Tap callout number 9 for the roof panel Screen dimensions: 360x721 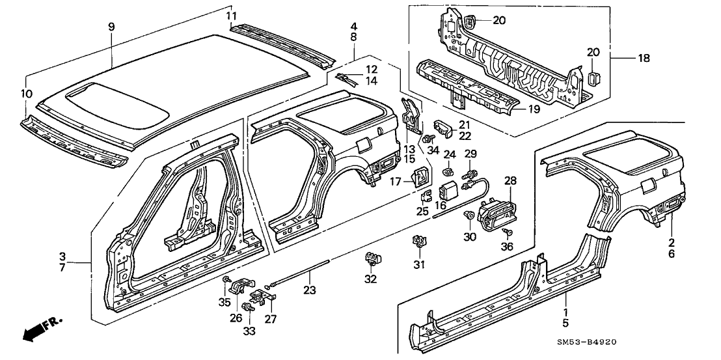[111, 27]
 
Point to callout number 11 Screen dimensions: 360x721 [232, 16]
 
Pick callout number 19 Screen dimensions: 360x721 [534, 109]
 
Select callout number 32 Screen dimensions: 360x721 [370, 279]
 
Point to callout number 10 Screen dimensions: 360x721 [26, 94]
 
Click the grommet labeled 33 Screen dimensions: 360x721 [247, 307]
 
